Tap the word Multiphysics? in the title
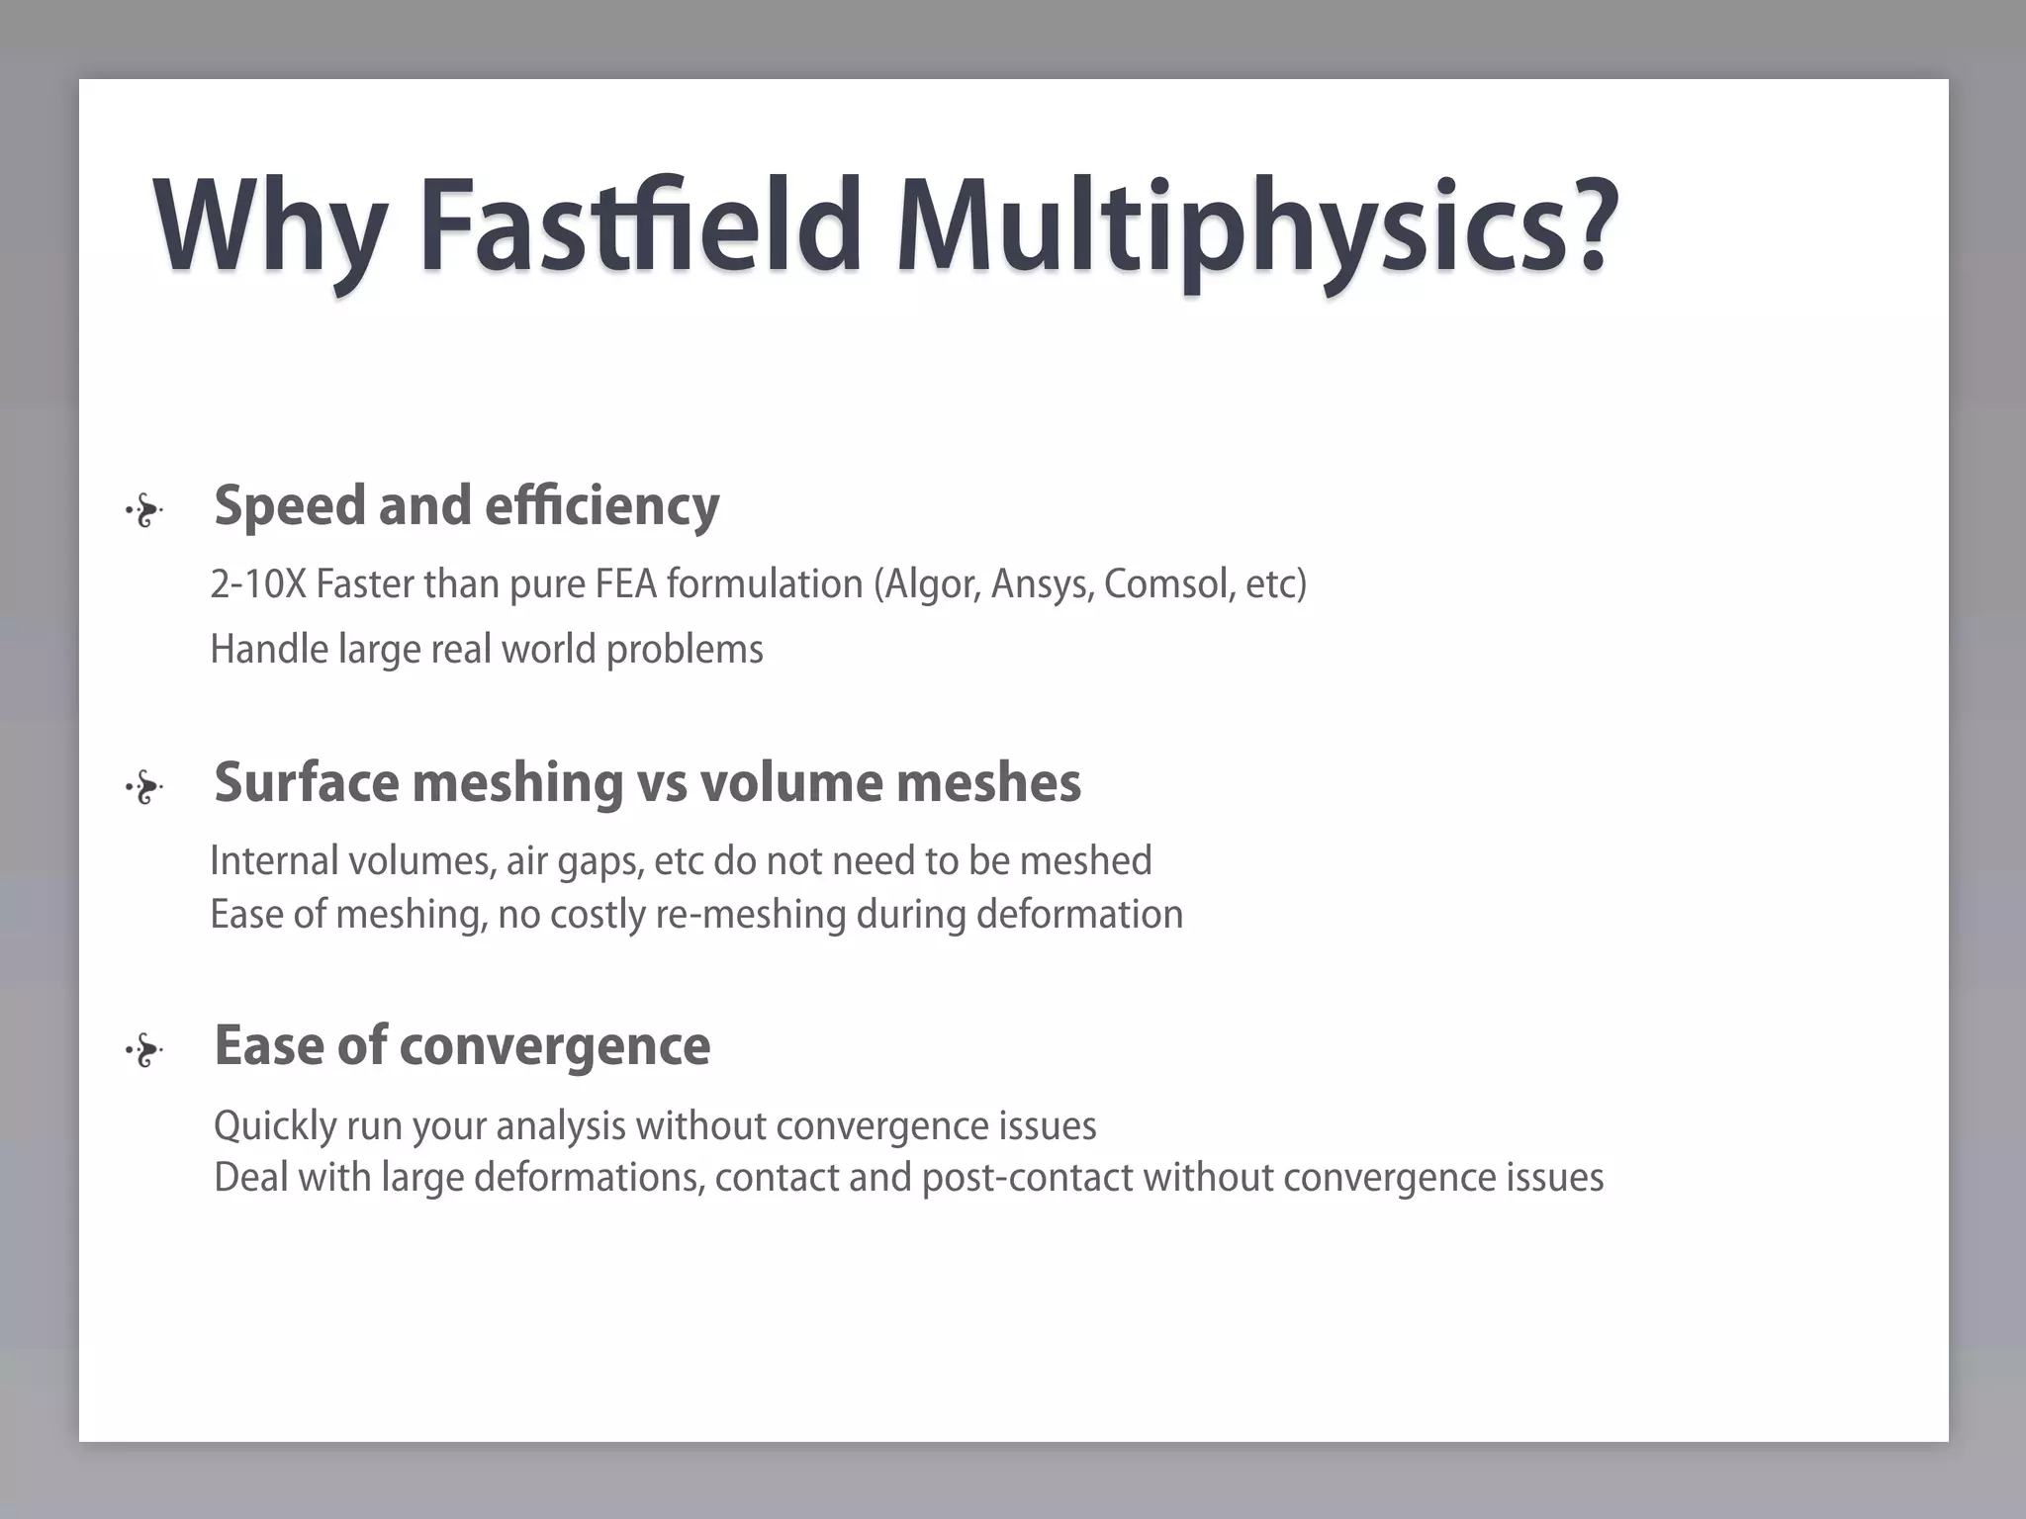click(1256, 227)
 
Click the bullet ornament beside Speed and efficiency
click(144, 511)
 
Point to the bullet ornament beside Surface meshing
click(144, 788)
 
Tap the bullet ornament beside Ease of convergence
click(144, 1051)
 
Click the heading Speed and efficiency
click(466, 505)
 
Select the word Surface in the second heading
click(306, 782)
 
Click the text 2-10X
click(258, 584)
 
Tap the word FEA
click(625, 584)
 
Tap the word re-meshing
click(751, 915)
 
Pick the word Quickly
click(275, 1126)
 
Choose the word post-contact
click(1027, 1178)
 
